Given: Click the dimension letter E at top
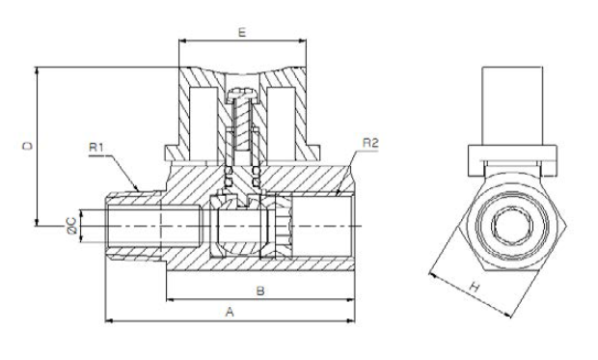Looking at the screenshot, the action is tap(242, 33).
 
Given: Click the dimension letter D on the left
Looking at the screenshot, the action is tap(28, 146).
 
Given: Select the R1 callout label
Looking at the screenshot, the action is tap(96, 147).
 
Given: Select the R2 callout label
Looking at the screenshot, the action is tap(370, 143).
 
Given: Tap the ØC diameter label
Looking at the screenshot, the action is tap(72, 225).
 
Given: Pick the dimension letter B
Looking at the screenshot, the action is tap(260, 291).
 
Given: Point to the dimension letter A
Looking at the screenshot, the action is tap(230, 313).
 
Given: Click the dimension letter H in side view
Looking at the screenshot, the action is tap(474, 287).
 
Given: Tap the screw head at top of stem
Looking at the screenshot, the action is tap(242, 95).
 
